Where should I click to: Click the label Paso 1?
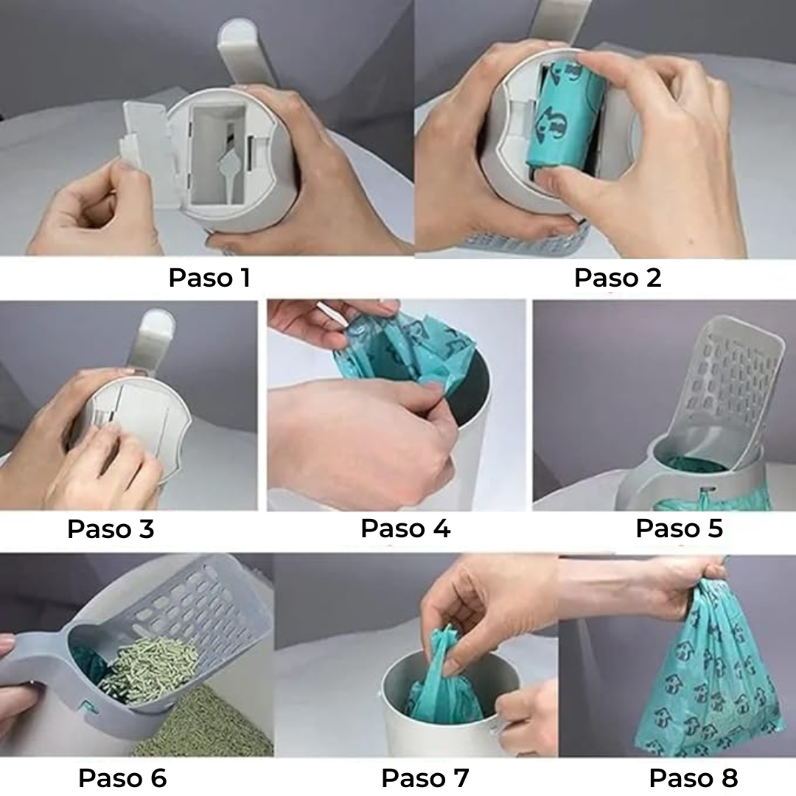pyautogui.click(x=209, y=278)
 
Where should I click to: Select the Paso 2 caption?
pyautogui.click(x=618, y=278)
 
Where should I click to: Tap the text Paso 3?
pyautogui.click(x=111, y=528)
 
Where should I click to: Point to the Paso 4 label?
pyautogui.click(x=405, y=528)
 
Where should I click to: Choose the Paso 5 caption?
pyautogui.click(x=679, y=528)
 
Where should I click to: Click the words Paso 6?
pyautogui.click(x=122, y=778)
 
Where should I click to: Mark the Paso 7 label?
pyautogui.click(x=425, y=778)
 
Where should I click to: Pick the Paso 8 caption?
pyautogui.click(x=693, y=778)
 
